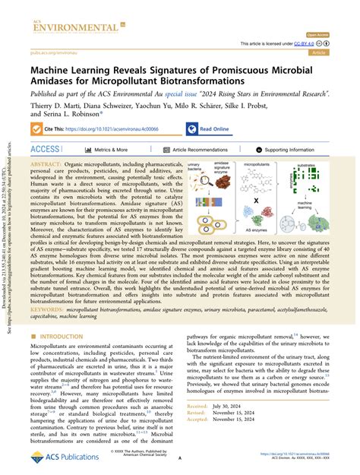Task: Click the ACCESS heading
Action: click(x=46, y=150)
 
